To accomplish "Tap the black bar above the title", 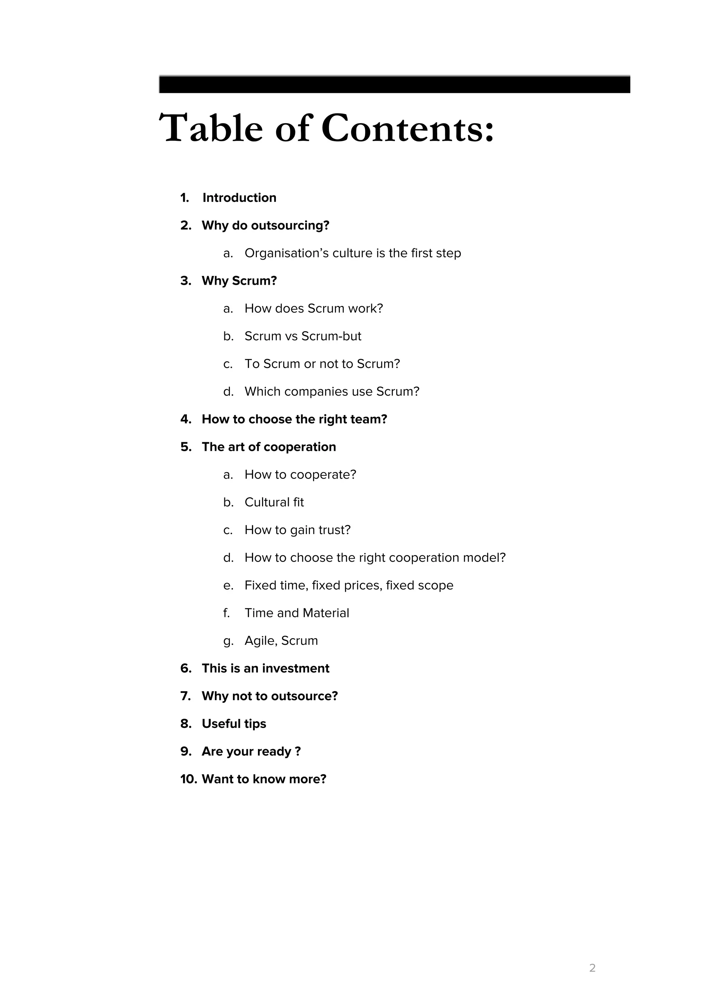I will tap(394, 84).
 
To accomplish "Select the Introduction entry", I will tap(239, 198).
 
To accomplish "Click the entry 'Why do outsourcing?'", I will tap(265, 226).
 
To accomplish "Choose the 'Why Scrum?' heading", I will tap(239, 281).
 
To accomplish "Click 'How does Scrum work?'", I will tap(313, 308).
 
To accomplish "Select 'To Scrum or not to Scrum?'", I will tap(322, 364).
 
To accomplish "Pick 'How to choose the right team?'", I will tap(294, 419).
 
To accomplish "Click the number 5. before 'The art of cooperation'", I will tap(186, 447).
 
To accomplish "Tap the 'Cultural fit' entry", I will tap(274, 502).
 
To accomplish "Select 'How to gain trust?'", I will tap(297, 530).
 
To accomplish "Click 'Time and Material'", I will tap(297, 613).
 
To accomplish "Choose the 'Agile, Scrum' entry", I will tap(281, 641).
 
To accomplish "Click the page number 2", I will tap(592, 968).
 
